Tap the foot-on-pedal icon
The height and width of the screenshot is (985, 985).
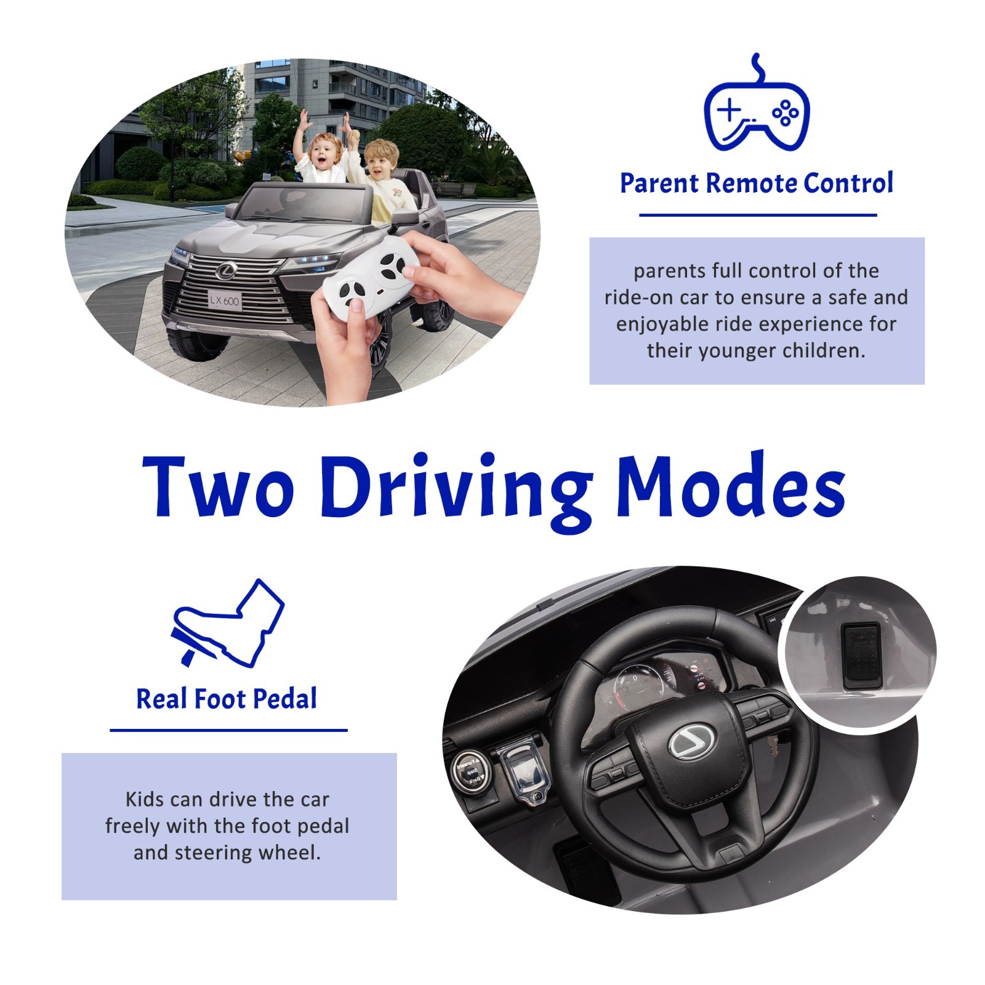(227, 623)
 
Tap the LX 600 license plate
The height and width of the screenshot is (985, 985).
(224, 300)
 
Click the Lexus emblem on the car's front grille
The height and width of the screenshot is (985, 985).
(226, 268)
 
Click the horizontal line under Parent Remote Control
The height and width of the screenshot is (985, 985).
(758, 215)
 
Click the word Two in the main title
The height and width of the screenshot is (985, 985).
(218, 486)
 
